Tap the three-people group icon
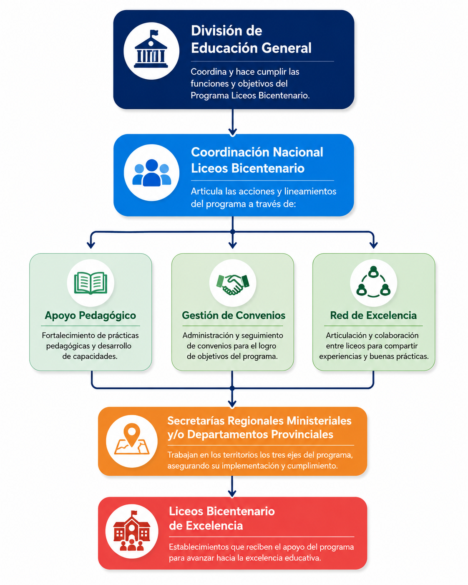[x=152, y=173]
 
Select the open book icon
[x=91, y=283]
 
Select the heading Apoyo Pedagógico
[x=90, y=315]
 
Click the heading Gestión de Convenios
[x=234, y=315]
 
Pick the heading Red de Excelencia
[x=373, y=315]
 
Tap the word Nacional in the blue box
[x=298, y=152]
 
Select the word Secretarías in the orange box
[x=196, y=421]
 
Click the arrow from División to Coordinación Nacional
[x=233, y=122]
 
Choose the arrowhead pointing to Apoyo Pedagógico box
[x=91, y=245]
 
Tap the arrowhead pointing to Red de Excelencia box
[x=374, y=245]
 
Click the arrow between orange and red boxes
[x=232, y=487]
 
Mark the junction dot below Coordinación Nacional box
[x=233, y=232]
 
